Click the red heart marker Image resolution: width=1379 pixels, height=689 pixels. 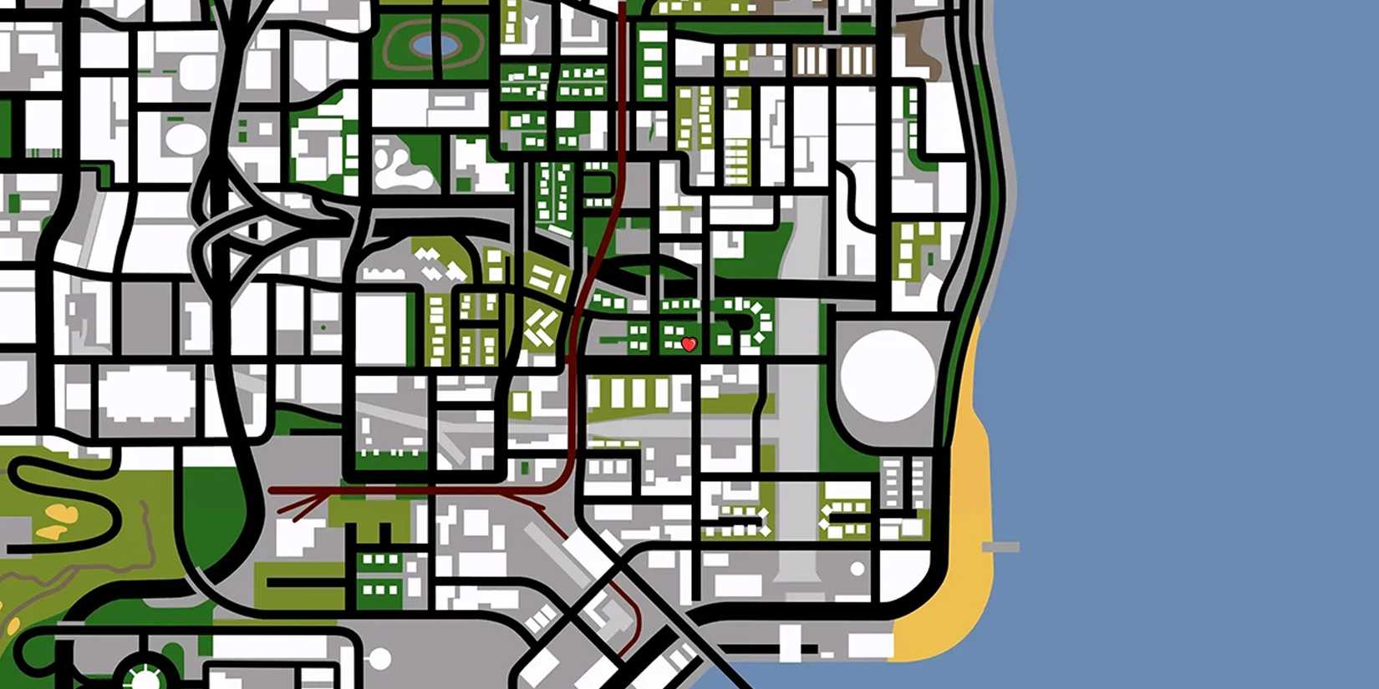coord(689,344)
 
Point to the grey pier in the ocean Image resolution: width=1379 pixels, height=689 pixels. coord(1000,547)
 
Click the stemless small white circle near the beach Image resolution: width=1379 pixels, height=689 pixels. coord(857,569)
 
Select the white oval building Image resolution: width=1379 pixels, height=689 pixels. coord(185,139)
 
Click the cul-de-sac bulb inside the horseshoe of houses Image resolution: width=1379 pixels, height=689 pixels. coord(737,321)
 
